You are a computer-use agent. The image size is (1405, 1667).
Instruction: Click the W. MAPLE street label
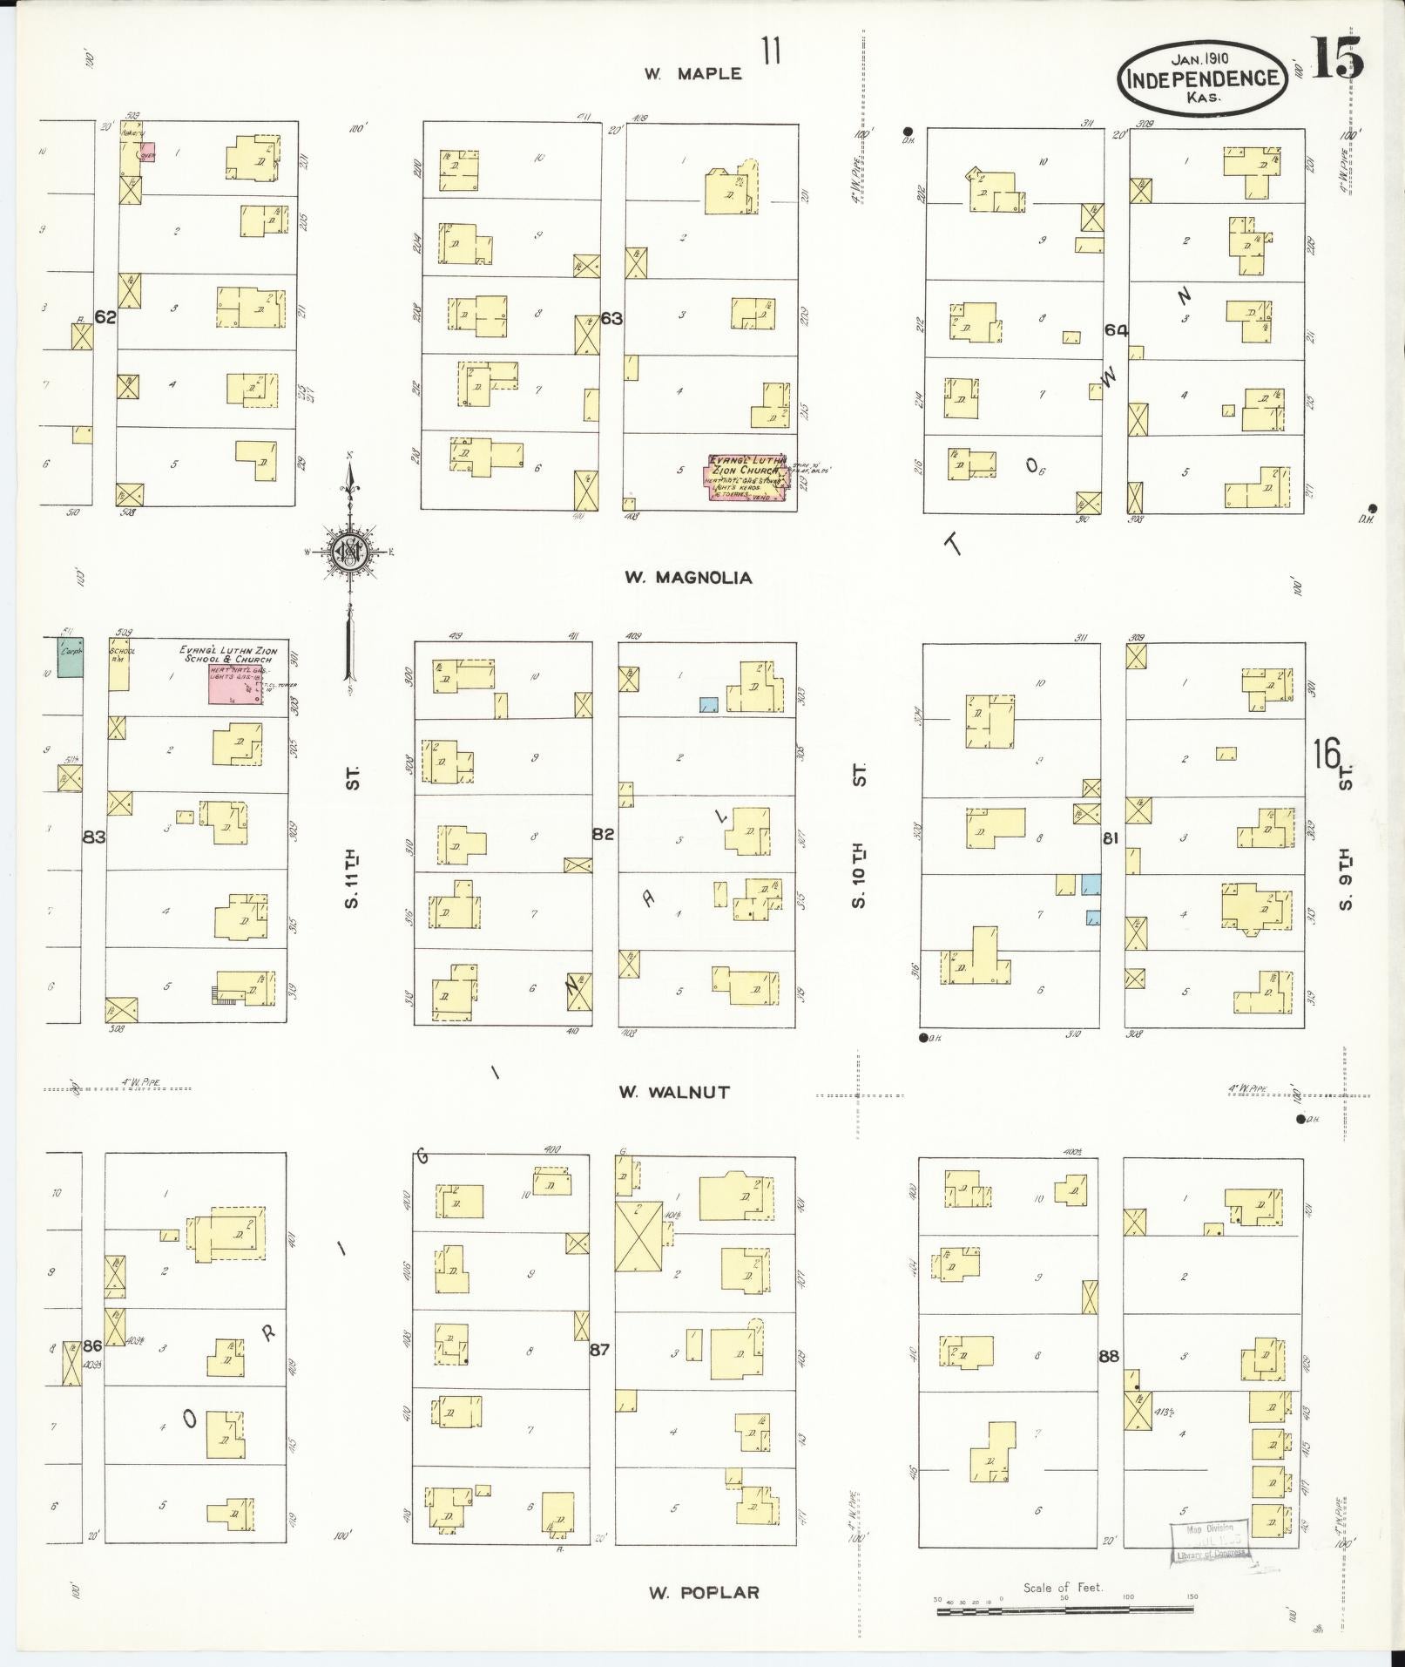(692, 74)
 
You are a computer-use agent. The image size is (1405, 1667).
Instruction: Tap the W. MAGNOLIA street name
(687, 577)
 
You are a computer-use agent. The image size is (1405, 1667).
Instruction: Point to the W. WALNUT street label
(673, 1091)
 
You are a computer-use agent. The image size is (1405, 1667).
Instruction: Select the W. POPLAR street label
(703, 1592)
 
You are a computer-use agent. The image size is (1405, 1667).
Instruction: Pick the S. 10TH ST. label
(859, 835)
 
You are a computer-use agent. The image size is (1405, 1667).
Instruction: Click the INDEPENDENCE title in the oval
(1203, 78)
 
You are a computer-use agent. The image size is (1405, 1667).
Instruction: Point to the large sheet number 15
(1335, 59)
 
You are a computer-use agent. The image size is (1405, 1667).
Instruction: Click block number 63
(611, 318)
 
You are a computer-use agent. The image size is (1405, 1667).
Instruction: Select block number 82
(603, 834)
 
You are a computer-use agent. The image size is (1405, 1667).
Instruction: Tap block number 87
(599, 1349)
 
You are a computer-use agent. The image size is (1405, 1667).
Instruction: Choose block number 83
(94, 837)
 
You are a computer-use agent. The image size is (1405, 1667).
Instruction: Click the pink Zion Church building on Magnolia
(746, 478)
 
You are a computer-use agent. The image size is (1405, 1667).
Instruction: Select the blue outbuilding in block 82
(709, 704)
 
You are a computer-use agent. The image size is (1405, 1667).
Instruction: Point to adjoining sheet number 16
(1327, 755)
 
